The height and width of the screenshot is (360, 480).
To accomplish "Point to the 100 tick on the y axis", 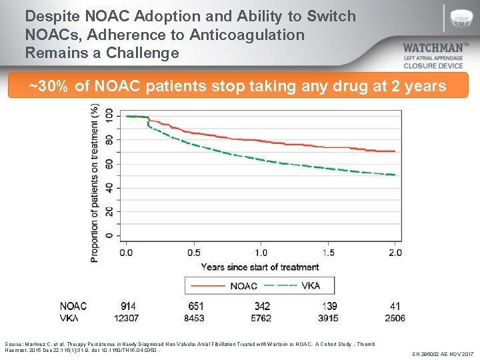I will click(108, 116).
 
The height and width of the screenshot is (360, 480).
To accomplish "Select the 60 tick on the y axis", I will click(108, 164).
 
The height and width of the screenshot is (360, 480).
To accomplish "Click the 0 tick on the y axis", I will click(108, 236).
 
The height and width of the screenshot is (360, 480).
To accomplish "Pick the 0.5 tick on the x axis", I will click(193, 253).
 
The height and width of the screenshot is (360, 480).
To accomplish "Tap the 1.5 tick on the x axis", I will click(328, 253).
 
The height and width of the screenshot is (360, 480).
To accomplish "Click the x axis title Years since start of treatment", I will click(260, 267).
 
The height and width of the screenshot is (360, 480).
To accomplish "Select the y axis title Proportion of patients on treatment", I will click(95, 182).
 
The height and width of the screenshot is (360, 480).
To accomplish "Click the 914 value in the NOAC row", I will click(129, 306).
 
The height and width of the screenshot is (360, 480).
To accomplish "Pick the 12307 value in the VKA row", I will click(126, 318).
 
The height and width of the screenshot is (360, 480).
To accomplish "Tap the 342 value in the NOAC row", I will click(262, 306).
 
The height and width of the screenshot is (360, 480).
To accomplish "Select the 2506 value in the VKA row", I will click(395, 318).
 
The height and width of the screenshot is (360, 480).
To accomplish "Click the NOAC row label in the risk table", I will click(73, 306).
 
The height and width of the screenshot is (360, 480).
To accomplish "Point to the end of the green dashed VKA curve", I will click(395, 175).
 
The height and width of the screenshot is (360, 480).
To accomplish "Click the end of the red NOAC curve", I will click(395, 151).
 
